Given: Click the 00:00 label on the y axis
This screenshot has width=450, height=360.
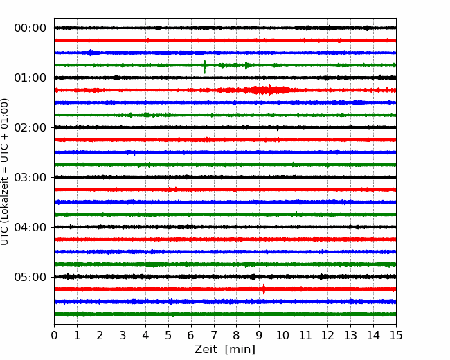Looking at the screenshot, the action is (x=30, y=28).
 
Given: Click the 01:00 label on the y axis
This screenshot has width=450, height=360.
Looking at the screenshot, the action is (x=30, y=78).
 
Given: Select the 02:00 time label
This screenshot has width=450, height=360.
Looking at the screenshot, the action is (x=30, y=127).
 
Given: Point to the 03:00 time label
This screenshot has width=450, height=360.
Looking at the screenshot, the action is (x=30, y=177).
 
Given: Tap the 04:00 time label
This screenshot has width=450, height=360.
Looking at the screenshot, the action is (x=30, y=227).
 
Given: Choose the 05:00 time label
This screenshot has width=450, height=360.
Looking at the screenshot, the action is (x=30, y=277).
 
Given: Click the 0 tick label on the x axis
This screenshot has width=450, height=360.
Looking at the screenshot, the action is (x=54, y=335).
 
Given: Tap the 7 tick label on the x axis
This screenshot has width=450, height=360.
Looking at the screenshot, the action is (x=214, y=335).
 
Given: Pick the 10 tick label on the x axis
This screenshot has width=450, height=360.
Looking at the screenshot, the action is (x=282, y=335).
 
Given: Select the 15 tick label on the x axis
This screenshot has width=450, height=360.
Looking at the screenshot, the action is (x=396, y=335).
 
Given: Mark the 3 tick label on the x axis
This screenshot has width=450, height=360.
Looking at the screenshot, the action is (x=123, y=335).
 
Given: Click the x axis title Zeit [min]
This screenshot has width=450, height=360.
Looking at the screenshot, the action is (x=225, y=350).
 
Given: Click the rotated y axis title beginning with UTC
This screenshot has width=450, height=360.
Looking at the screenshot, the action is (x=5, y=172).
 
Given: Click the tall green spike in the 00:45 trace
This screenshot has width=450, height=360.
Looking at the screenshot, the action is (x=205, y=67).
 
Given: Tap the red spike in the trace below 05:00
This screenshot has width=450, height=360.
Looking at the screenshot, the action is (x=264, y=289).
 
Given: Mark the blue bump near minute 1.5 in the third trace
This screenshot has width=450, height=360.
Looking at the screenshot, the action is (x=91, y=53).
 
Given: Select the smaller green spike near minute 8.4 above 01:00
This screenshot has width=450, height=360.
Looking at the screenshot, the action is (x=246, y=66).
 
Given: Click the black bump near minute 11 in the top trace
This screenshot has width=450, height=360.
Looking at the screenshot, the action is (x=308, y=28).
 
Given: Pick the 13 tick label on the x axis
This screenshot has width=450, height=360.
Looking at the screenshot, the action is (x=350, y=335).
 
